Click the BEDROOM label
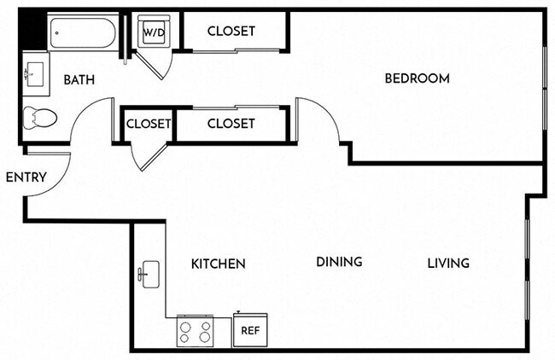[417, 78]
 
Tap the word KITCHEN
[218, 264]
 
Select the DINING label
[339, 262]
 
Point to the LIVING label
[448, 263]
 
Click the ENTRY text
[25, 177]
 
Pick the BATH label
[79, 80]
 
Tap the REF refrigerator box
[249, 329]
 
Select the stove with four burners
[194, 331]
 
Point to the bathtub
[82, 32]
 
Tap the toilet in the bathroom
[38, 117]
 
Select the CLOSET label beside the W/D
[231, 32]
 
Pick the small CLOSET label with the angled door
[149, 124]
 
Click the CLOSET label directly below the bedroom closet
[231, 124]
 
